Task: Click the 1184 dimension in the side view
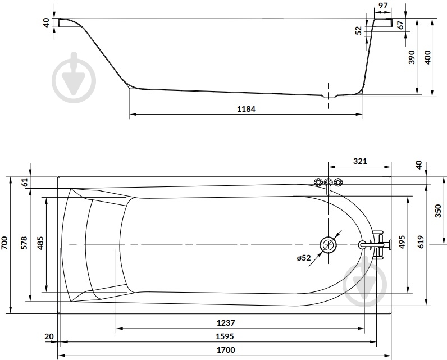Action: point(247,109)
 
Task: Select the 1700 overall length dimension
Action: point(226,350)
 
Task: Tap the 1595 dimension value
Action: point(225,336)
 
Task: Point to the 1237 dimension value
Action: point(226,323)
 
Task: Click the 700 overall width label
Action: point(6,243)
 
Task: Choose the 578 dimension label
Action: point(24,243)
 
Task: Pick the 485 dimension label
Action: point(40,243)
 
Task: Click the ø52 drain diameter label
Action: point(303,258)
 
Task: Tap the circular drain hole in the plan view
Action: point(329,245)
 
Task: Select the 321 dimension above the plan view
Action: point(360,161)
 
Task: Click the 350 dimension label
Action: point(438,211)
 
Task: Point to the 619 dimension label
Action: point(422,242)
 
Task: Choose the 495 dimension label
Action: point(402,241)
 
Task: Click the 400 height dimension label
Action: point(427,57)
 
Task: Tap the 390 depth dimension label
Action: point(412,57)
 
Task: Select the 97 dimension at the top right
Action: point(384,6)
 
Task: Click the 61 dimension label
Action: point(25,182)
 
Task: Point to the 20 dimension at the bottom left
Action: point(49,336)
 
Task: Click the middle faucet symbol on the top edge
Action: point(328,182)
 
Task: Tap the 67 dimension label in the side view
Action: point(400,25)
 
